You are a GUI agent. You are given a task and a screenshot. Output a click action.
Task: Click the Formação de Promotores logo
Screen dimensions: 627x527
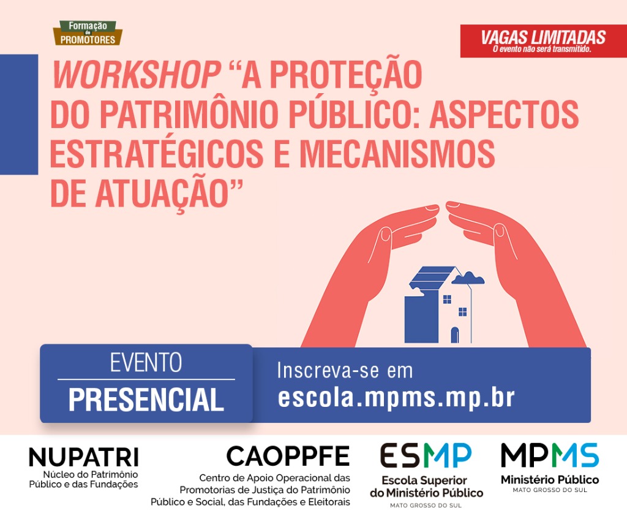click(88, 33)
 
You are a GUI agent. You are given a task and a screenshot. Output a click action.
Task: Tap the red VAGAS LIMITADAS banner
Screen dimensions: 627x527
click(544, 41)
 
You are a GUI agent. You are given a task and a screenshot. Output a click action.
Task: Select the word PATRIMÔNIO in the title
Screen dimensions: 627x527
click(192, 114)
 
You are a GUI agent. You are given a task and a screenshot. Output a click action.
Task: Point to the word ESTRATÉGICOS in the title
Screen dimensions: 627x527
click(157, 154)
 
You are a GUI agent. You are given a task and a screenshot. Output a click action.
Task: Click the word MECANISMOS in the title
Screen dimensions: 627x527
click(397, 154)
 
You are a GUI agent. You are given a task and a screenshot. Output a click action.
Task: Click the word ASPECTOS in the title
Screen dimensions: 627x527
click(505, 114)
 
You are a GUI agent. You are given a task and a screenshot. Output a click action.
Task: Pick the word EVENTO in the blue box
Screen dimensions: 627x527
click(146, 363)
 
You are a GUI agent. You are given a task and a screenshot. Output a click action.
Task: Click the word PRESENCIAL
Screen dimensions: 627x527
click(146, 400)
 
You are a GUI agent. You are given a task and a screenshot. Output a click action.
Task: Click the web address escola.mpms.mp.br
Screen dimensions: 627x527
click(396, 398)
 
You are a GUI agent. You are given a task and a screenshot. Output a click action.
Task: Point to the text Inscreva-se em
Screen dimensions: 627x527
click(345, 371)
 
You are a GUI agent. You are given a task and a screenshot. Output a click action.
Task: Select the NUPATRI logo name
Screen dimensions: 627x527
click(83, 457)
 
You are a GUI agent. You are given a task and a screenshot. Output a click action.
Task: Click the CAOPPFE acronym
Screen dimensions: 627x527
click(288, 456)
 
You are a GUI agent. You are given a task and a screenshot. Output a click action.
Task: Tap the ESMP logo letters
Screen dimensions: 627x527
click(426, 455)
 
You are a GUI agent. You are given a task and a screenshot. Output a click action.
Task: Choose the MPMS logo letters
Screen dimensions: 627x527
click(550, 455)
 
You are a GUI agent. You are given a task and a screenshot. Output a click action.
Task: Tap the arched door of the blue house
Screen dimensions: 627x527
click(455, 335)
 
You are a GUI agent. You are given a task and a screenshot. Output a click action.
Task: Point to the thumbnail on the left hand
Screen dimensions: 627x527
click(385, 233)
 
